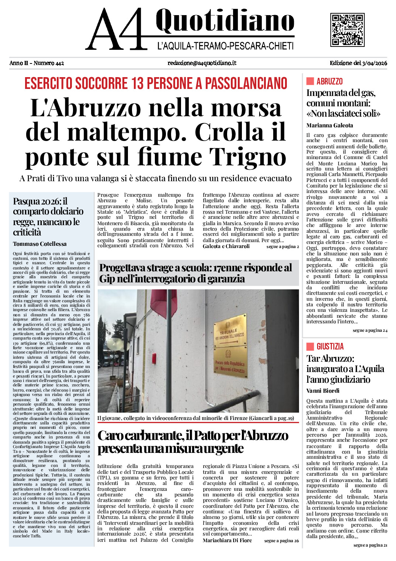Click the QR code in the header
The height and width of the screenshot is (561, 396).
click(x=347, y=30)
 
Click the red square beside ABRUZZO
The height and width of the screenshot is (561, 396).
click(x=310, y=81)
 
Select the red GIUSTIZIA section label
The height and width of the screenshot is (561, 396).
click(x=330, y=347)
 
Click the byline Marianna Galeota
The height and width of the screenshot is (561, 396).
click(x=330, y=125)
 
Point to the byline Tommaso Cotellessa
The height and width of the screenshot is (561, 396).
click(x=40, y=244)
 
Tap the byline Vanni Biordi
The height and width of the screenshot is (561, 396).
click(x=323, y=391)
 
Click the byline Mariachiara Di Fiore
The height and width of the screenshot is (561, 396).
click(x=227, y=540)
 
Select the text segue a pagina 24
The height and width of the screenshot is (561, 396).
click(x=370, y=330)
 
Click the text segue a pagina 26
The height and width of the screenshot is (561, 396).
click(x=281, y=541)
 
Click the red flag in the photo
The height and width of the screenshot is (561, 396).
click(x=163, y=303)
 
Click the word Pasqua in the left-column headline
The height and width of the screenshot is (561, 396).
click(x=27, y=201)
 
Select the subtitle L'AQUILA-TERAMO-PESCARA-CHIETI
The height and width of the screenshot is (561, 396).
click(x=225, y=46)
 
